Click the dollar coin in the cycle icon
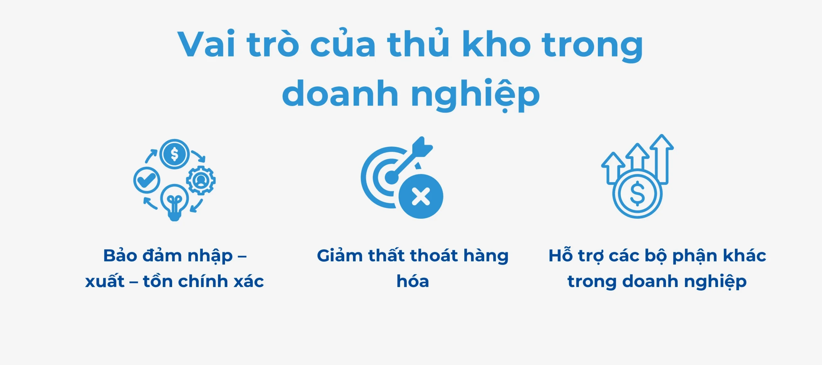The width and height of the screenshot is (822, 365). (x=174, y=154)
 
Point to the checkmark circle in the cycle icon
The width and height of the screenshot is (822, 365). (x=146, y=180)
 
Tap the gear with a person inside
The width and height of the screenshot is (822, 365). (x=201, y=180)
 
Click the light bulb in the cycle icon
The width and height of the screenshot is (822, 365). (x=174, y=201)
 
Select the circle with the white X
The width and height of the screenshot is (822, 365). (x=421, y=196)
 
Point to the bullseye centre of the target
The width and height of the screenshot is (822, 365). (x=391, y=177)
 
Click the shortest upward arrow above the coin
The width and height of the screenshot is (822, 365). (x=613, y=167)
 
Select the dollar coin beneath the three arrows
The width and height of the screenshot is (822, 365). (x=637, y=194)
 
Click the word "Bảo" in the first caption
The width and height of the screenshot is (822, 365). (x=120, y=256)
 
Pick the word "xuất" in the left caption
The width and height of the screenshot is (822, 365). (x=105, y=282)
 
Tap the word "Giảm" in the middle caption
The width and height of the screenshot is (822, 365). (x=340, y=256)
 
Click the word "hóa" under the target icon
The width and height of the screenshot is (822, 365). (x=413, y=281)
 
